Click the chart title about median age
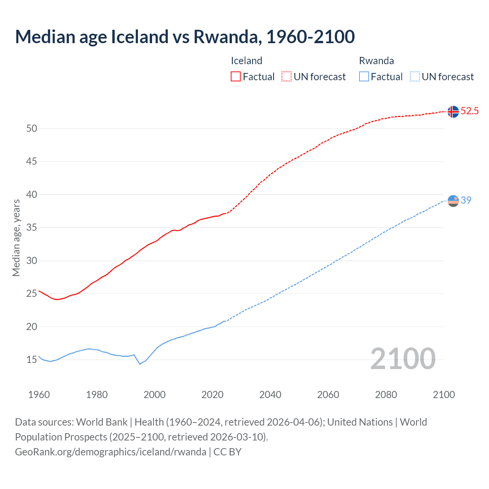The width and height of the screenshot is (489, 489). pos(185,37)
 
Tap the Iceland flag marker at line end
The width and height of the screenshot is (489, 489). pos(453,112)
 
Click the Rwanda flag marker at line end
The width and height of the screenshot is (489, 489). pos(453,201)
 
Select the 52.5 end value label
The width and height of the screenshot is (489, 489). pos(470,111)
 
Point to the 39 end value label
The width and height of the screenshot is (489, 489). pos(466,200)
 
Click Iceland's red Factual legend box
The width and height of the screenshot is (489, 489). pos(236,76)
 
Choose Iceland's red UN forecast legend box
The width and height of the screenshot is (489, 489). pos(287,76)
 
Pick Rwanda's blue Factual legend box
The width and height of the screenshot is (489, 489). pos(364,76)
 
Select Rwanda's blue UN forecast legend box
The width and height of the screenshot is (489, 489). pos(415,76)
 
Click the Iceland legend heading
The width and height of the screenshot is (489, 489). pos(246,61)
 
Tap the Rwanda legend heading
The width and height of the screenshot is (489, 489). pos(376,61)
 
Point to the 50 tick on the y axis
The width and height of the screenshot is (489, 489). pos(32,128)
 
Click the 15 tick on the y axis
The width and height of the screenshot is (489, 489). pos(32,359)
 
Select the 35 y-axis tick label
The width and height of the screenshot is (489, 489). pos(32,228)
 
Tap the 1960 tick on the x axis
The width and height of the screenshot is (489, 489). pos(39,395)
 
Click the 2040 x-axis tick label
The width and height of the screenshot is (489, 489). pos(270,395)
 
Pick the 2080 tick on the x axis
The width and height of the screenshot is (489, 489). pos(386,395)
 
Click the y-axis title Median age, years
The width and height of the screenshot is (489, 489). pos(16,238)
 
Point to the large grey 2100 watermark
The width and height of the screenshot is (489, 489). pos(403,359)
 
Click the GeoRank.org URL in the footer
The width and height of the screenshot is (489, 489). pos(110,452)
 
